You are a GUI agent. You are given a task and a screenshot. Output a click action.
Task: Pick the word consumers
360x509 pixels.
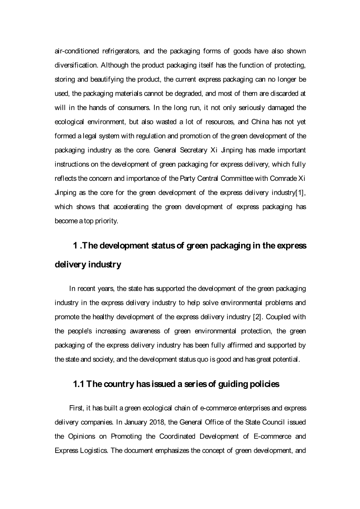pos(135,108)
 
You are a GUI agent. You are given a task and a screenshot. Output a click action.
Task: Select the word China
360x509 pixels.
pos(260,122)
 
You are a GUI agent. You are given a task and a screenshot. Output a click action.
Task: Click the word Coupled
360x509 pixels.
pos(278,317)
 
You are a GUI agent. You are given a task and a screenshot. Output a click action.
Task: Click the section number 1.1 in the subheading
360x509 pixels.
pos(79,384)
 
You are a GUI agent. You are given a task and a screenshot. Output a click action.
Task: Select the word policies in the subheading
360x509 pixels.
pos(264,384)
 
